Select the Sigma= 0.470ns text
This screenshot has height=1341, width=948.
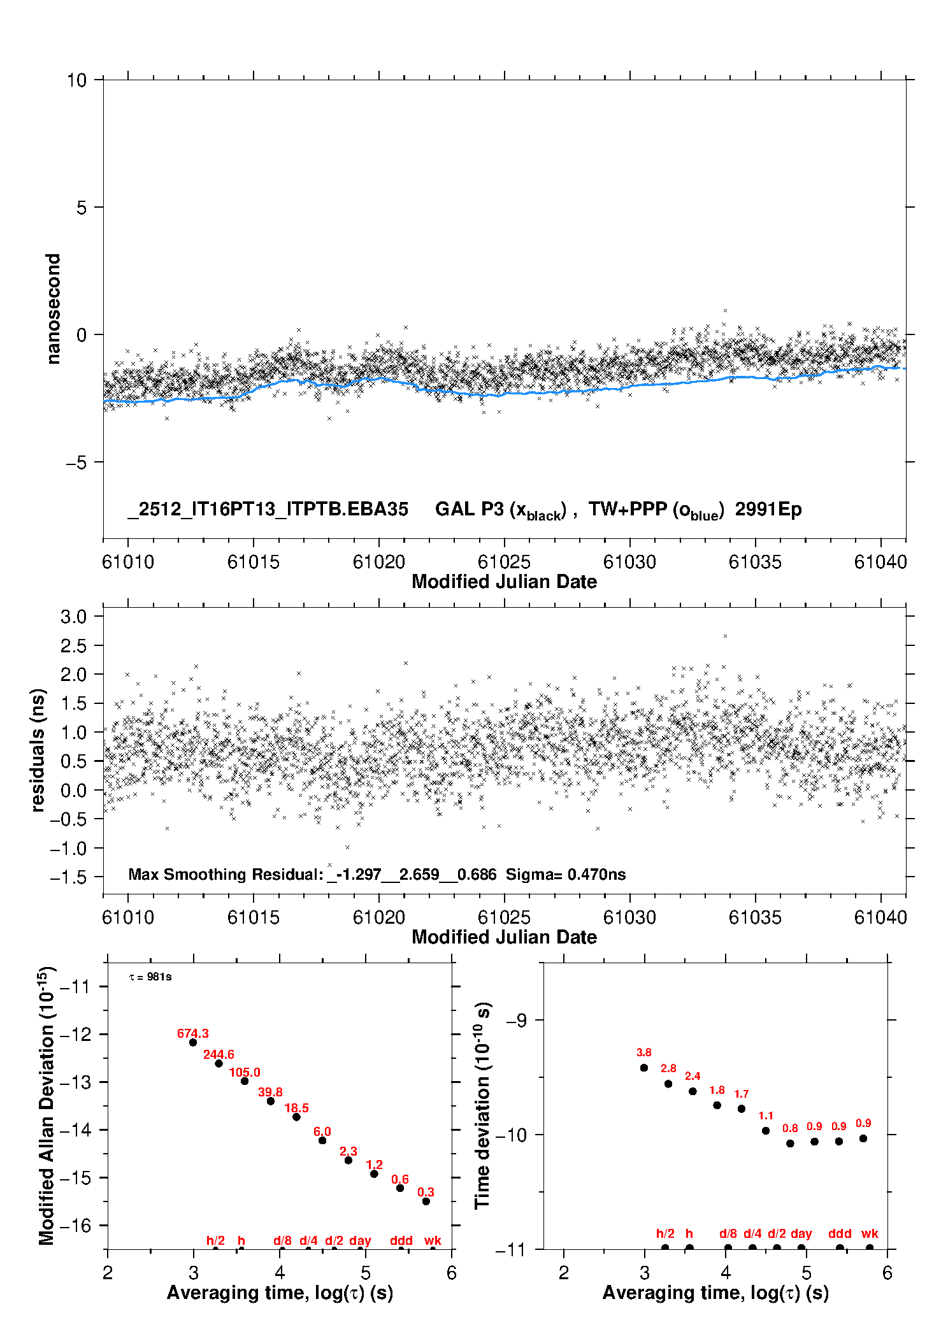(566, 875)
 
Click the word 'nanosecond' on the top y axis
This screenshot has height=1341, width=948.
(54, 308)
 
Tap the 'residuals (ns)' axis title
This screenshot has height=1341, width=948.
(38, 750)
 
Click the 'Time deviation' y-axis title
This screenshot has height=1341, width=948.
(482, 1105)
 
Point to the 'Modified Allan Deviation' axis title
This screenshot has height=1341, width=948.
(47, 1105)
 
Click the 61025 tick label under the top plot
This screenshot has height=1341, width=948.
(504, 562)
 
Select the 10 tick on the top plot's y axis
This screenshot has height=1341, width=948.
(76, 80)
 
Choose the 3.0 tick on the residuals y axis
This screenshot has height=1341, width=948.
(73, 617)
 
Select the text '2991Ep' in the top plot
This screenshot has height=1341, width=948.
(768, 510)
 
